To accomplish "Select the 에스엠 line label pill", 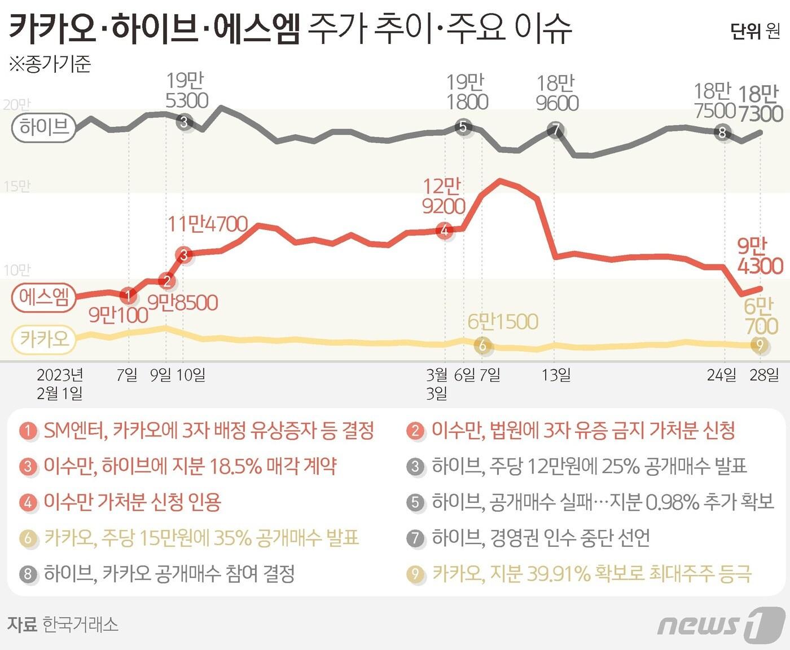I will coord(44,297).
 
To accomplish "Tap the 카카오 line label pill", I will coord(44,339).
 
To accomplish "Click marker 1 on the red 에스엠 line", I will coord(129,295).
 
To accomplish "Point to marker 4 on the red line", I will coord(445,230).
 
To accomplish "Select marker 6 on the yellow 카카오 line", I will coord(482,345).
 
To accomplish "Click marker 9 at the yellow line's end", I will coord(760,344).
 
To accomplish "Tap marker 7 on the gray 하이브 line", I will coord(556,130).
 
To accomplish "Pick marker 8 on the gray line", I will coord(722,133).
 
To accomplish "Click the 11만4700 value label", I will coord(208,224).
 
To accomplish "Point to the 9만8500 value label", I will coord(183,303).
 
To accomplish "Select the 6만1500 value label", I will coord(503,322).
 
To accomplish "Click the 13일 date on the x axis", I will coord(556,375).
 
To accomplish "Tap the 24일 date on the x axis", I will coord(721,375).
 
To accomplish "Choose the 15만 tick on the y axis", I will coord(16,187).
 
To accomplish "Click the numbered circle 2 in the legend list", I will coord(415,431).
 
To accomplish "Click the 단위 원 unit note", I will coord(755,31).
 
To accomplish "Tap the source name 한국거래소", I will coord(80,625).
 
